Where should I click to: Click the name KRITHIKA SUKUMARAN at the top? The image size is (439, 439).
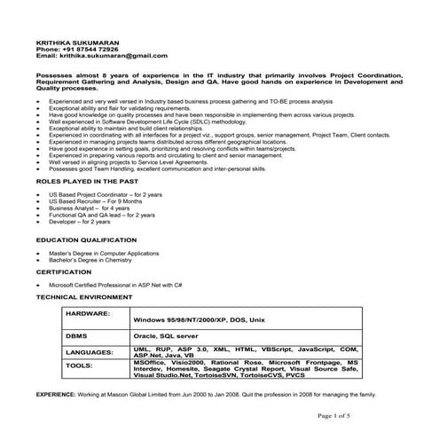[x=72, y=42]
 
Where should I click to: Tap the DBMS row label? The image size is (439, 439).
[x=77, y=337]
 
